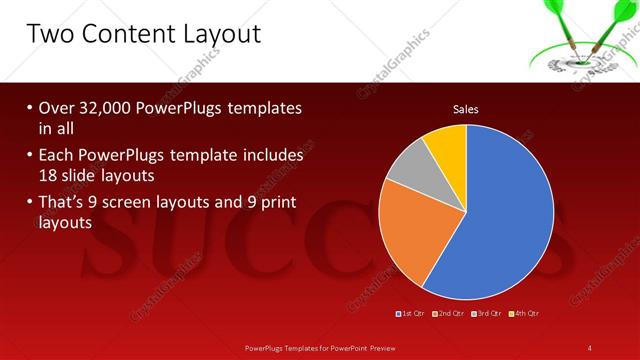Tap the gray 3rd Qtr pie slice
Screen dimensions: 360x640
click(409, 170)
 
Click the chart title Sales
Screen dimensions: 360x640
click(467, 108)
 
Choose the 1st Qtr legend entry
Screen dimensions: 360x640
click(412, 314)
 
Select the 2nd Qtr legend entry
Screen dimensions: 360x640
click(449, 314)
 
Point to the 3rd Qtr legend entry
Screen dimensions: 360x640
click(487, 314)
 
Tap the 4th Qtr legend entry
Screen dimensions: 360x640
click(524, 314)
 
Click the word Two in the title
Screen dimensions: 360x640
click(52, 34)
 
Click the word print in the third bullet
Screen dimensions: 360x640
click(274, 203)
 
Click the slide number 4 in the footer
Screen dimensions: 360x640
click(590, 347)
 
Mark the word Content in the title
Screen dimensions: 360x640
click(123, 34)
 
